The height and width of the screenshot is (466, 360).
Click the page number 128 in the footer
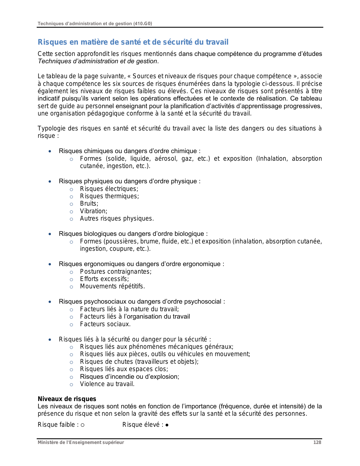click(x=317, y=442)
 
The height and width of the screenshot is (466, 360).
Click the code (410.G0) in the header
click(x=142, y=23)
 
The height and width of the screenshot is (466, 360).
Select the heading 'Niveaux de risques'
click(x=67, y=399)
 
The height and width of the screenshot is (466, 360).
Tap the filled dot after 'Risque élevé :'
click(x=167, y=425)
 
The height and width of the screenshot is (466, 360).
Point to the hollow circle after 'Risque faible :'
click(x=82, y=425)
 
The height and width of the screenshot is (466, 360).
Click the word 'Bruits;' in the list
click(x=89, y=204)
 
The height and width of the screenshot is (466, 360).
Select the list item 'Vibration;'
click(x=93, y=211)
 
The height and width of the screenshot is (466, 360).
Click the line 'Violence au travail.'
click(x=107, y=384)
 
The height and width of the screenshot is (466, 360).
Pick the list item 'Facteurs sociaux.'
click(x=105, y=324)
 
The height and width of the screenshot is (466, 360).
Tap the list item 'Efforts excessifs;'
click(x=104, y=279)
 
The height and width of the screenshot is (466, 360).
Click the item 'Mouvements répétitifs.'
click(x=112, y=286)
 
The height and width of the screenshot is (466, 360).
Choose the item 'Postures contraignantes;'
click(x=116, y=271)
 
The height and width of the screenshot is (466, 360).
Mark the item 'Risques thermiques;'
click(x=109, y=196)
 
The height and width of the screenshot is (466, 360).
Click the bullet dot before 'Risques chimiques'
click(x=50, y=151)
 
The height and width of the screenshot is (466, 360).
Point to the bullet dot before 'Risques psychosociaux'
click(x=50, y=302)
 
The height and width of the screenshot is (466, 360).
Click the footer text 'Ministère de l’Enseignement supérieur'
click(x=81, y=442)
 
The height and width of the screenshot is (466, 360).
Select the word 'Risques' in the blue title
click(x=48, y=42)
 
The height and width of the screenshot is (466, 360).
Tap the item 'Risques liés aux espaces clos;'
click(x=124, y=369)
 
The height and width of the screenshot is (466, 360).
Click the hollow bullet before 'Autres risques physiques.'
click(x=71, y=219)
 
